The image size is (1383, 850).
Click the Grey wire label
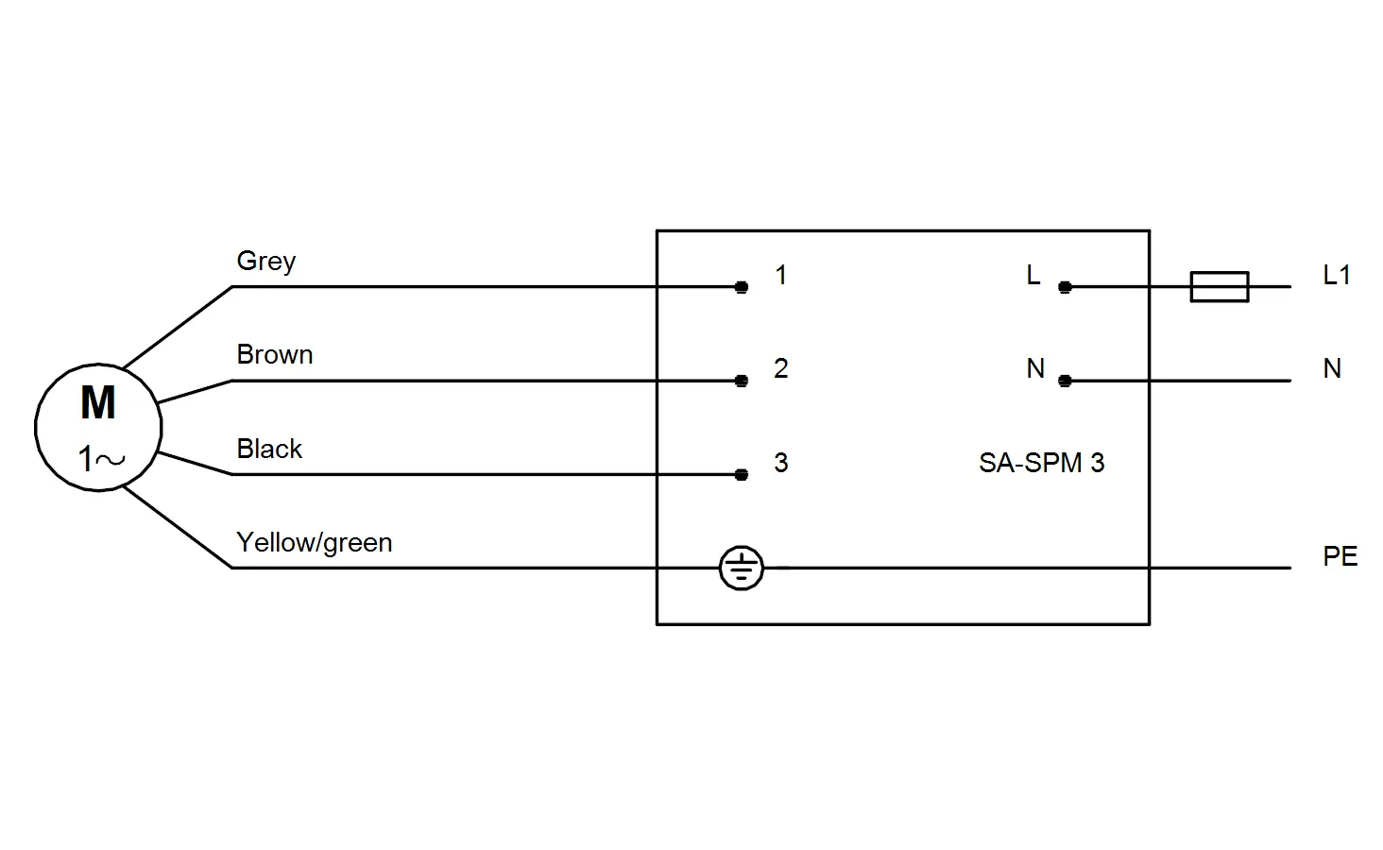point(266,262)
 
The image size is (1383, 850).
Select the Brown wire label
point(275,355)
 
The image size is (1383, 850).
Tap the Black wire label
point(269,449)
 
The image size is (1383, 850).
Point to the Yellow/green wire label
point(315,543)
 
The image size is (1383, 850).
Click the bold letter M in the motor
point(98,402)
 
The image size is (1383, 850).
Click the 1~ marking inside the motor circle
point(101,459)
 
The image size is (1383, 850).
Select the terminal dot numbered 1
point(742,287)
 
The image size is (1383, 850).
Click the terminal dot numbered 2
point(742,381)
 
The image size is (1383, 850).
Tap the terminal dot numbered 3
point(742,475)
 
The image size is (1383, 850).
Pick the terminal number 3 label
point(781,463)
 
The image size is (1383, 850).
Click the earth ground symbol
point(742,568)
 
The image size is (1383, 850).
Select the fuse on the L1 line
point(1220,287)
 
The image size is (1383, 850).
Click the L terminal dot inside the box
point(1065,287)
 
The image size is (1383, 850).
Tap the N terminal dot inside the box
point(1065,381)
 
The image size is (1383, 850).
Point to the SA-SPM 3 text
point(1042,463)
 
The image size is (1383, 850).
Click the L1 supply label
point(1337,275)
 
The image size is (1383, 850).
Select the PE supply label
point(1340,556)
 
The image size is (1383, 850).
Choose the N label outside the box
point(1332,368)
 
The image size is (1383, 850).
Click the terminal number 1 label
point(781,276)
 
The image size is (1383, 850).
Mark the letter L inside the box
point(1033,275)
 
